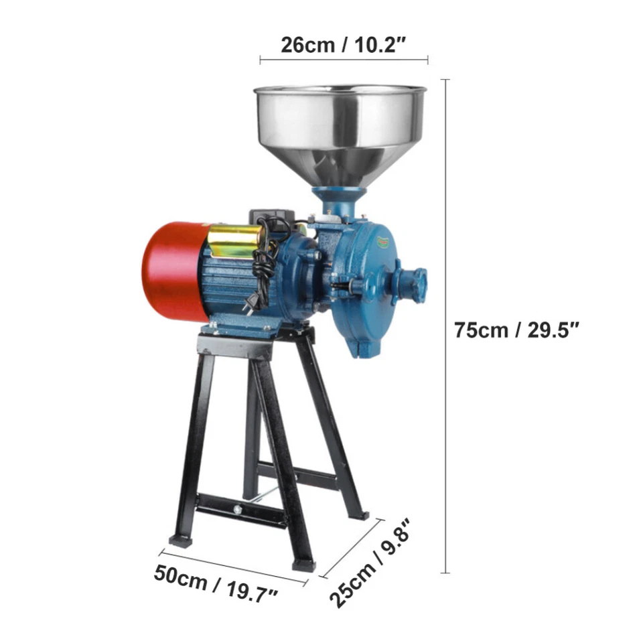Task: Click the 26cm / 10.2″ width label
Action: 344,45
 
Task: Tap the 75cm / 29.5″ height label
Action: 516,330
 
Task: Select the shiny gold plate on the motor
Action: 234,240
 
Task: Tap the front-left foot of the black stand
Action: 181,539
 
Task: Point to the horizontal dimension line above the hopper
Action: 344,60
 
